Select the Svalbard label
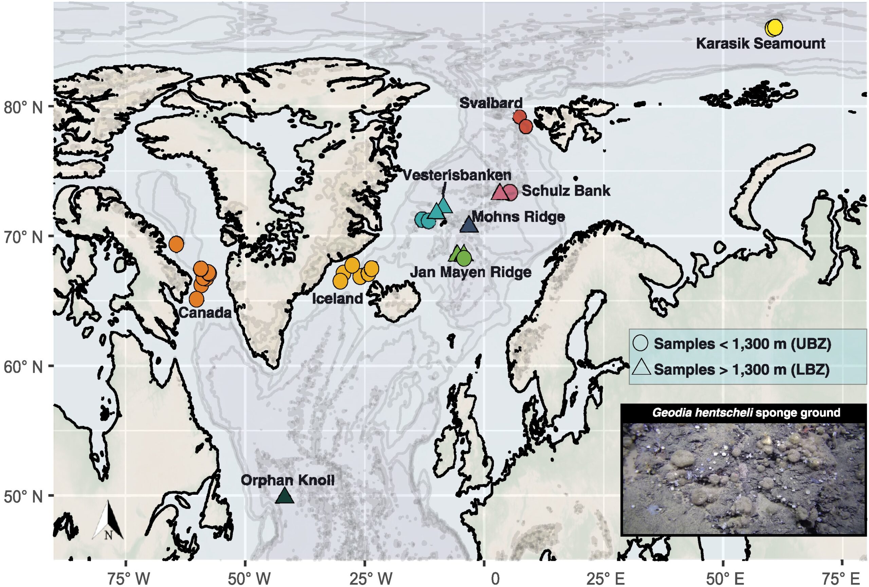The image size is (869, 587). coord(491,103)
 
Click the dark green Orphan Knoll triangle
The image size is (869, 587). coord(284,496)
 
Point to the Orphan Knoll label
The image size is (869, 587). coord(287,481)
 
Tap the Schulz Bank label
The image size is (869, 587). coord(566,191)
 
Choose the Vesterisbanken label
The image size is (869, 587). coord(457,175)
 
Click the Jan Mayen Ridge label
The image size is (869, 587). coord(470,272)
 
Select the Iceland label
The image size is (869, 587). coord(337,298)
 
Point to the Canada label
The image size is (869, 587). coord(205,312)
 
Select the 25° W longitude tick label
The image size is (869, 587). coord(371,580)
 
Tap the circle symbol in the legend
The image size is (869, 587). coord(641,343)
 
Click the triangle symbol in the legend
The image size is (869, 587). coord(641,368)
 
